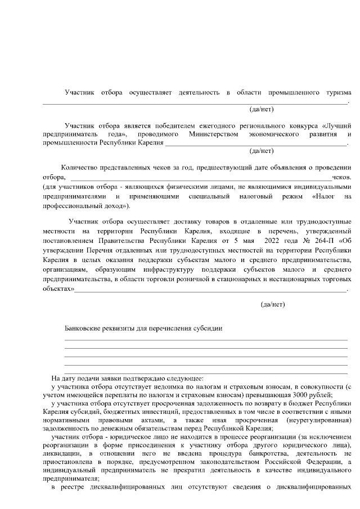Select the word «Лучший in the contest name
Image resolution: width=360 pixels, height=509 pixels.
(337, 125)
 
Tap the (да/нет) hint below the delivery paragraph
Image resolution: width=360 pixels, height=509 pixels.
(273, 304)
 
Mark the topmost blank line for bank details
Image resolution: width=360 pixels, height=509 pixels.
(205, 340)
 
